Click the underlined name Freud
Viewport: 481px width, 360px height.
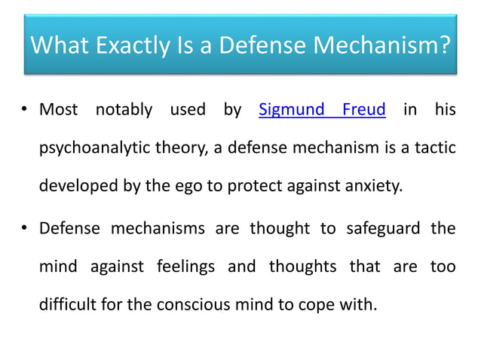pos(364,110)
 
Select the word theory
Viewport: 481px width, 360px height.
pos(176,148)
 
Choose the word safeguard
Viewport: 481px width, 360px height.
pos(384,228)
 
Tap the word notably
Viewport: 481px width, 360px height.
pos(124,110)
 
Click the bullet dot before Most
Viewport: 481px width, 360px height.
pos(25,111)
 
